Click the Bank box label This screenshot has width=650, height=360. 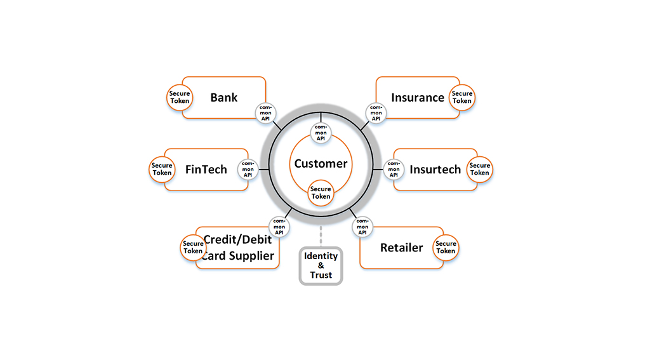click(x=224, y=98)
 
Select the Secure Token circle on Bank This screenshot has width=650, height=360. click(x=180, y=98)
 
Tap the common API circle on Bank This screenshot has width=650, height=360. click(x=266, y=113)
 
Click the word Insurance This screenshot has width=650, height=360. click(x=418, y=98)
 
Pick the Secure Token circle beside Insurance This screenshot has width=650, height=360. click(x=462, y=98)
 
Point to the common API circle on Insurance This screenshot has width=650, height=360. click(x=376, y=113)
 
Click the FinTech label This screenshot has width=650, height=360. click(x=206, y=170)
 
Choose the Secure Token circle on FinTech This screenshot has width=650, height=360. click(x=162, y=170)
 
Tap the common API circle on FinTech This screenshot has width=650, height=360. click(x=248, y=170)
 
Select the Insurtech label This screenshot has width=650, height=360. click(x=435, y=170)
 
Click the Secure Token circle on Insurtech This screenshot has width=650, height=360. click(x=480, y=170)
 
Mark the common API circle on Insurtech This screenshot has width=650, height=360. click(x=394, y=170)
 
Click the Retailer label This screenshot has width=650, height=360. click(x=402, y=248)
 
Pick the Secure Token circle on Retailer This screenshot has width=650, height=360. click(x=446, y=247)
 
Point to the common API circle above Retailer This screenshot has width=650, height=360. click(x=362, y=227)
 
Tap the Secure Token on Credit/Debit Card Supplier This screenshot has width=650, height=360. click(x=193, y=247)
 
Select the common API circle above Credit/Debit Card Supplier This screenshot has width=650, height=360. click(x=279, y=227)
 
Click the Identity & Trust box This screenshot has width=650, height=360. click(x=321, y=266)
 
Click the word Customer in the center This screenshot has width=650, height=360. click(x=321, y=164)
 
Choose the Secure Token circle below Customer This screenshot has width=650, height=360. click(x=321, y=193)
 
